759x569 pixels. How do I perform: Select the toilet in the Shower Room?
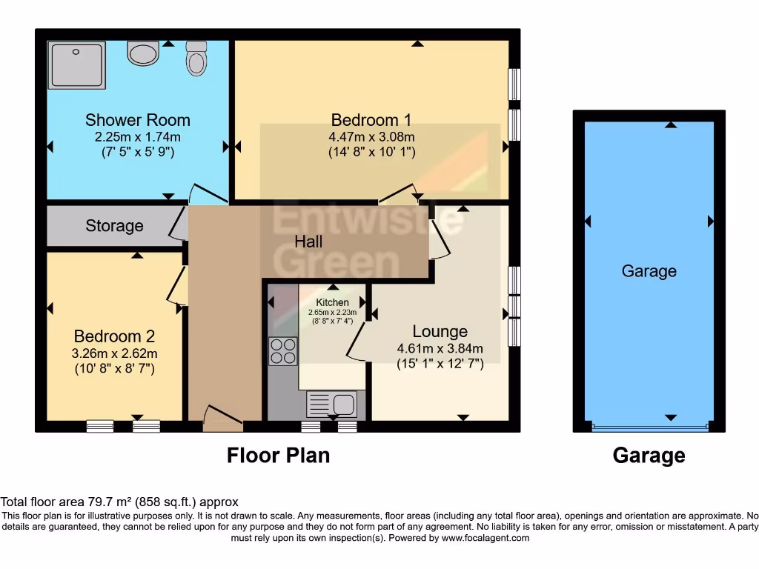pos(196,58)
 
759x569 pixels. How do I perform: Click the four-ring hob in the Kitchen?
pos(282,351)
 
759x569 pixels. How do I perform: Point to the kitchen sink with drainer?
pos(332,405)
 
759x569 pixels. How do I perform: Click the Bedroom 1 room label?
pos(371,119)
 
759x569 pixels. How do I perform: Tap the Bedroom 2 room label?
pos(114,336)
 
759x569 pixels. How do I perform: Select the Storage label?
pos(114,226)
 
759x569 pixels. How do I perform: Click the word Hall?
pos(308,242)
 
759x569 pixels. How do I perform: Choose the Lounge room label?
pos(440,331)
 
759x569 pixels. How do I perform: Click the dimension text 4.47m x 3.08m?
pos(371,137)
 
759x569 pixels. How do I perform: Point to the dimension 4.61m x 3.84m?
pos(440,348)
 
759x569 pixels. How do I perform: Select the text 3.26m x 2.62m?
pos(115,353)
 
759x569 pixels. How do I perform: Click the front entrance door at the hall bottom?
pos(222,419)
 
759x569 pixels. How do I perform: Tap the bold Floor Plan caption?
pos(278,455)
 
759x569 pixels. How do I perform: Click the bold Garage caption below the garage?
pos(649,455)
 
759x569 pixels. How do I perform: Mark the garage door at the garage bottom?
pos(649,427)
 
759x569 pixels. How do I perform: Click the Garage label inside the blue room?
pos(649,271)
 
